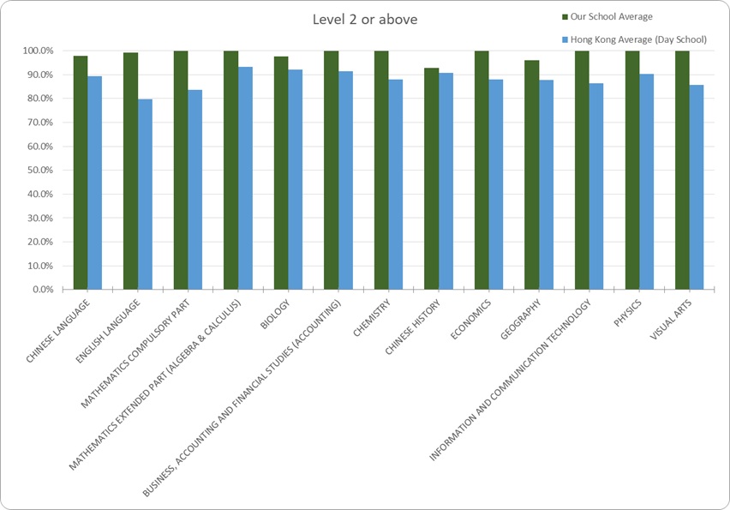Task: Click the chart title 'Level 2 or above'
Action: [x=365, y=19]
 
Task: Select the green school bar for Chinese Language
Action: [x=81, y=172]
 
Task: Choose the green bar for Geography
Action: [x=531, y=175]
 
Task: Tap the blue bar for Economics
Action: [x=496, y=184]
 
